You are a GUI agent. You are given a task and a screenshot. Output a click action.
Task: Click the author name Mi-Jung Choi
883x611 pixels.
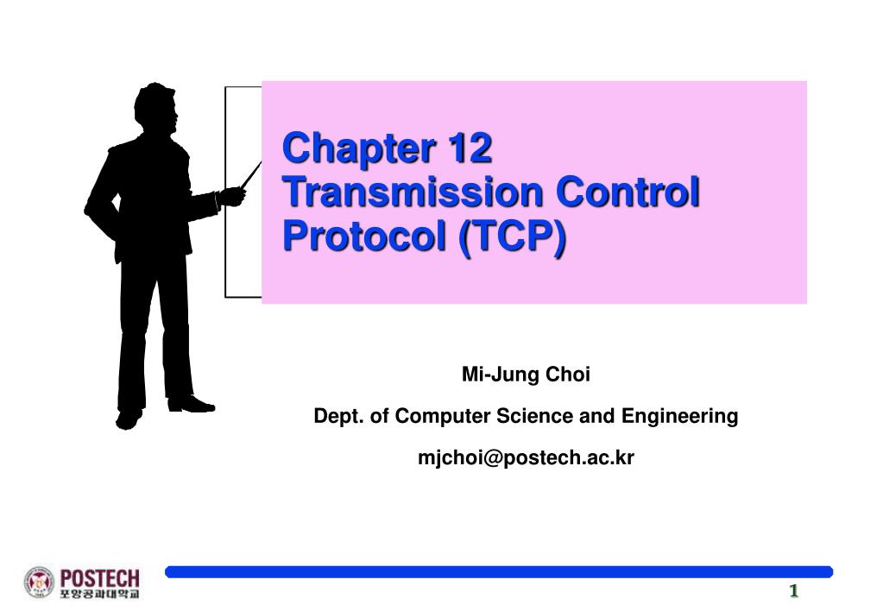[x=526, y=375]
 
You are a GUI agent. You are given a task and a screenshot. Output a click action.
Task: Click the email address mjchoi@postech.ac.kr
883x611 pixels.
[x=526, y=458]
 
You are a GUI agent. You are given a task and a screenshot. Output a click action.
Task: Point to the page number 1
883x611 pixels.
[x=792, y=591]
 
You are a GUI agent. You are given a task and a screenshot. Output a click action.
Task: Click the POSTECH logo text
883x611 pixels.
[x=99, y=576]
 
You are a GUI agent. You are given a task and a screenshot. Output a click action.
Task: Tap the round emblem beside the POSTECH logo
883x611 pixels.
[x=39, y=582]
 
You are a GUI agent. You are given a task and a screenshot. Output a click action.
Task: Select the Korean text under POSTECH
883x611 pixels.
[x=99, y=593]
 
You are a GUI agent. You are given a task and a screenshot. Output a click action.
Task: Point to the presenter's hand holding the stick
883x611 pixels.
[x=230, y=196]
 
